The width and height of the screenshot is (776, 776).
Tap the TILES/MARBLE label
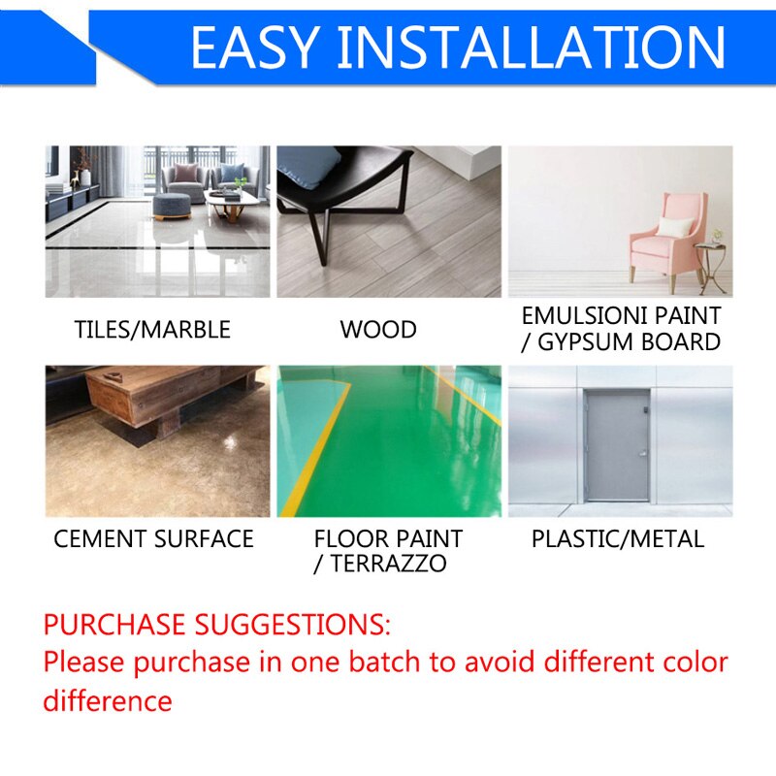pos(152,330)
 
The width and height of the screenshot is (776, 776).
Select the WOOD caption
pos(378,330)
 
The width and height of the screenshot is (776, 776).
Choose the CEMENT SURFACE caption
pos(153,539)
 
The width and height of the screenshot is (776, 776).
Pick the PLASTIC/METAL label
pos(618,539)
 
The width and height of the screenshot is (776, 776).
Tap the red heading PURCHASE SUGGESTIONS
pos(217,623)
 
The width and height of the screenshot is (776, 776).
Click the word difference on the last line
pos(108,700)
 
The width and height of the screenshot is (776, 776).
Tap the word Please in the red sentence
pos(84,663)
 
